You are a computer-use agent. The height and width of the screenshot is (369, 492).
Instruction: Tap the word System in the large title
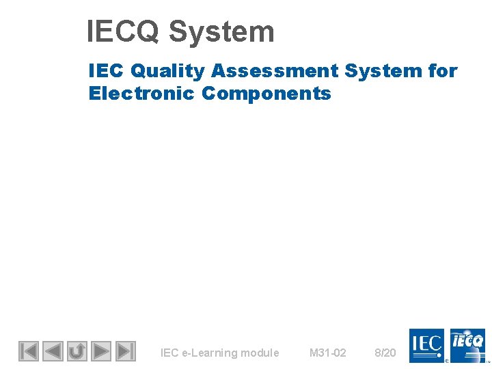coord(221,32)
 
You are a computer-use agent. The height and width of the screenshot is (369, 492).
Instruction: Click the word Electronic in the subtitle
coord(142,94)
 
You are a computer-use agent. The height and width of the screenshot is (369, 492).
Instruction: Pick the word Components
coord(266,94)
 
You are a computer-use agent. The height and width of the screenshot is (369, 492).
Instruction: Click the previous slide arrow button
coord(53,351)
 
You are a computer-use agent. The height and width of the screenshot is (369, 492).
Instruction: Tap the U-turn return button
coord(77,351)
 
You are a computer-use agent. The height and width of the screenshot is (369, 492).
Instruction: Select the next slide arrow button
coord(101,351)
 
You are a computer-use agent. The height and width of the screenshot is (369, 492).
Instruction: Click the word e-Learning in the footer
coord(206,353)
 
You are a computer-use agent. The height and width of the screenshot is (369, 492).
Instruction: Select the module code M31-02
coord(328,353)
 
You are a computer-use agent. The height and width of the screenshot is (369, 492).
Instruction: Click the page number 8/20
coord(385,353)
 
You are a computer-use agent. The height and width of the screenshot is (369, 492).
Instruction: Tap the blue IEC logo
coord(426,345)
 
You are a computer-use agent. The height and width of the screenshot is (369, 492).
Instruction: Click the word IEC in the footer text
coord(169,353)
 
